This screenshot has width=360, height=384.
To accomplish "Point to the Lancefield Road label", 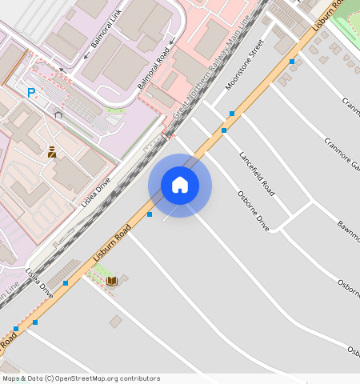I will [256, 174].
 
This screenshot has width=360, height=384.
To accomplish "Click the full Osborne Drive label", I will [253, 210].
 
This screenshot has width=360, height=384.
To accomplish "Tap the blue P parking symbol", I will [31, 93].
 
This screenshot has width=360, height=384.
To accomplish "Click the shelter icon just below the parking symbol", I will [58, 114].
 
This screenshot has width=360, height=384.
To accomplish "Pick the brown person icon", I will [51, 151].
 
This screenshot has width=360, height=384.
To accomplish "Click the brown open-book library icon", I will [113, 281].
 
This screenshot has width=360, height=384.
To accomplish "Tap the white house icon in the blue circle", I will [180, 185].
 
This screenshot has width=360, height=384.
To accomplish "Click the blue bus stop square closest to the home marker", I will [150, 214].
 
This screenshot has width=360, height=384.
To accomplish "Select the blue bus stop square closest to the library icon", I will [66, 283].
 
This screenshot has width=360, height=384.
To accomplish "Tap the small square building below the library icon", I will [116, 322].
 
